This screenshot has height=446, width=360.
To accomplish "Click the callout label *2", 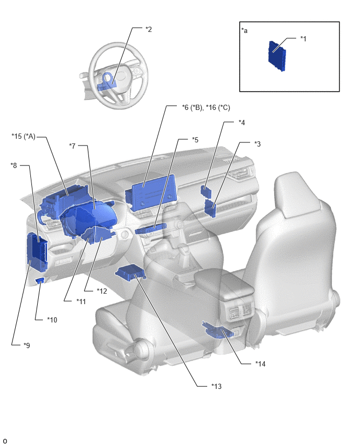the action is pyautogui.click(x=149, y=29).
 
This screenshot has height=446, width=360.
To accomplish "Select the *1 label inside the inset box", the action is pyautogui.click(x=303, y=39).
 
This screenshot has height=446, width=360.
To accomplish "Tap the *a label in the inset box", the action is pyautogui.click(x=244, y=30).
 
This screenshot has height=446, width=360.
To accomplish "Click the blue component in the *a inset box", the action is pyautogui.click(x=277, y=55).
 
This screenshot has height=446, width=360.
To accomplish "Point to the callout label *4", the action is pyautogui.click(x=241, y=122).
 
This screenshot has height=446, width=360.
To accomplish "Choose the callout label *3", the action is pyautogui.click(x=257, y=144).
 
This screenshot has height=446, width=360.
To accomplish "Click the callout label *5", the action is pyautogui.click(x=195, y=140).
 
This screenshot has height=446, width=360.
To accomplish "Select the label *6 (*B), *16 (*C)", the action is pyautogui.click(x=206, y=107).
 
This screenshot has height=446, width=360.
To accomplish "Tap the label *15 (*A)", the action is pyautogui.click(x=24, y=137).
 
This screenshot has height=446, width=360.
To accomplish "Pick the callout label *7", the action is pyautogui.click(x=73, y=146).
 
